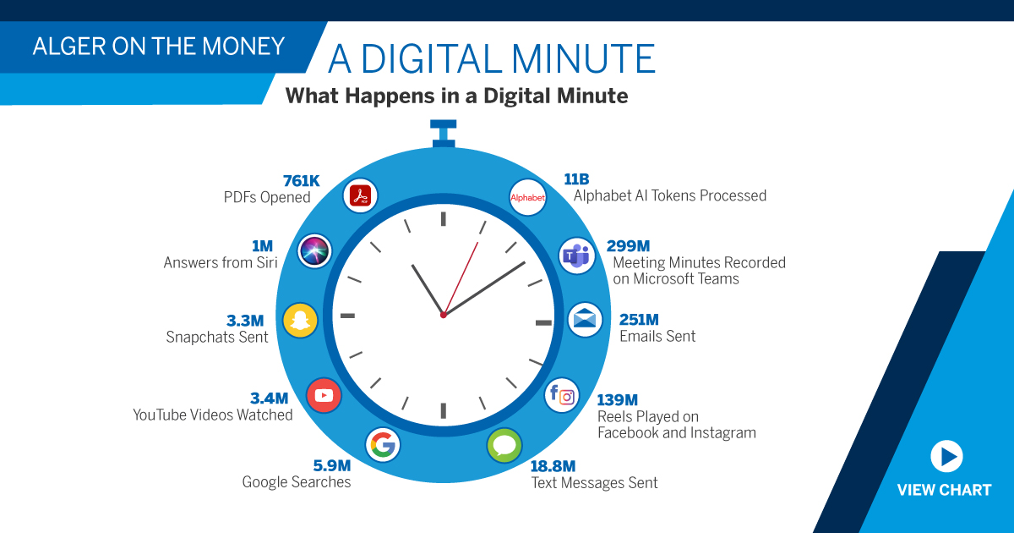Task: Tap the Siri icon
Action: [315, 250]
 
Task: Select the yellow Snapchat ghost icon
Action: [300, 320]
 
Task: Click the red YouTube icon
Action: [323, 394]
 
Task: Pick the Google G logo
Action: [382, 444]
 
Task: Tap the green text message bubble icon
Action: [504, 445]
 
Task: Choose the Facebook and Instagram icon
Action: [562, 394]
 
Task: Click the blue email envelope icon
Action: [585, 320]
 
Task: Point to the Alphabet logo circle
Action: [528, 198]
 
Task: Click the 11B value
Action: [576, 179]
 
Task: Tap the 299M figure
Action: [628, 246]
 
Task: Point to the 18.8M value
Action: [553, 466]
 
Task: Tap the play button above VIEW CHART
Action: [946, 457]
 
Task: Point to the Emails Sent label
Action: [657, 336]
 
